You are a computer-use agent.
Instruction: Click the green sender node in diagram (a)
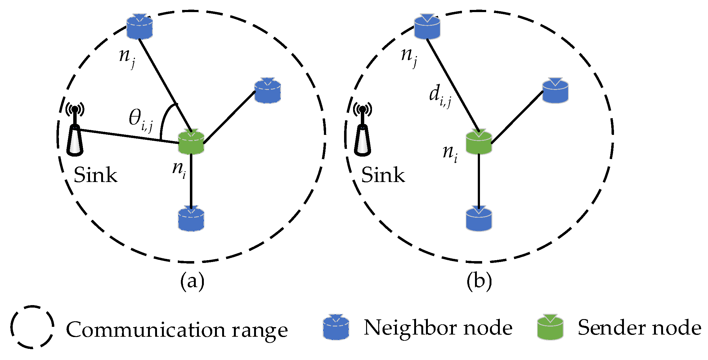(x=191, y=142)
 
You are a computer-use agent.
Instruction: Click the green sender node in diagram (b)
(x=479, y=142)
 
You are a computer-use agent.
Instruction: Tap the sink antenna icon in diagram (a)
(x=75, y=130)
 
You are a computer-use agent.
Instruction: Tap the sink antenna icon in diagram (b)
(x=362, y=130)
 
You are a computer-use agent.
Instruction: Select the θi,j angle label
(x=141, y=120)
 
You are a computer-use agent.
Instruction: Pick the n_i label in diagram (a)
(x=179, y=170)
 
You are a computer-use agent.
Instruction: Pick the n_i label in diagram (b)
(x=450, y=153)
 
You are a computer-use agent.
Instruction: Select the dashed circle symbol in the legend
(x=32, y=327)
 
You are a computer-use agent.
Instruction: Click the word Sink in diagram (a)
(x=95, y=175)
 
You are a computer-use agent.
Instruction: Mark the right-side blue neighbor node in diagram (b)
(x=555, y=91)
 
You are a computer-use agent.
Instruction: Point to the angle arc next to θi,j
(x=164, y=118)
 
